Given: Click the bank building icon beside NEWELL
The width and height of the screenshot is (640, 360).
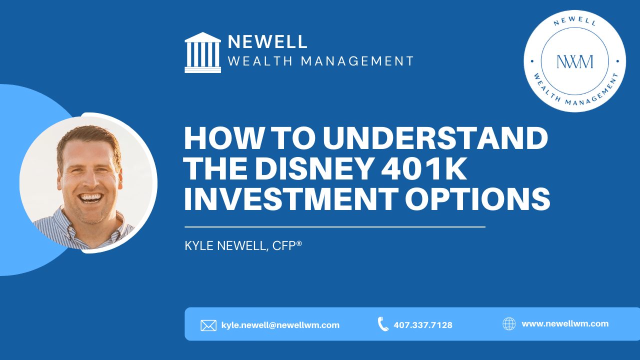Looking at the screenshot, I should pos(202,52).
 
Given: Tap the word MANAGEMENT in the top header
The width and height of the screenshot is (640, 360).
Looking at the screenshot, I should pos(357,61).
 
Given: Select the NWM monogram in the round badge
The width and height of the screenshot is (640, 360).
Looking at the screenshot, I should pos(574,61).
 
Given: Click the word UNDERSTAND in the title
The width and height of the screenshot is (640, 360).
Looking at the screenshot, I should pos(435,138).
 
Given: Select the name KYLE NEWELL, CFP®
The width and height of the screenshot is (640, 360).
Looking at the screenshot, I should pos(243,246).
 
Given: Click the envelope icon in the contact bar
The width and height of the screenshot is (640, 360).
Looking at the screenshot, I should pos(208,325).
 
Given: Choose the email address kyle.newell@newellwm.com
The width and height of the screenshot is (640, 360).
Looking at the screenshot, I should pos(280,325).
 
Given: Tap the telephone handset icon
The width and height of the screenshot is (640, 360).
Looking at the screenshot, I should pos(383,324).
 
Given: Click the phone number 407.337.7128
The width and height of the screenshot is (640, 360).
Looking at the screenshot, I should pos(423,325).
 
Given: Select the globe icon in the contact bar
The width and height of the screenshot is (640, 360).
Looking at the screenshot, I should pos(509,324).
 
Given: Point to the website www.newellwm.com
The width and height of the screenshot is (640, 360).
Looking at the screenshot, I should pos(565,323).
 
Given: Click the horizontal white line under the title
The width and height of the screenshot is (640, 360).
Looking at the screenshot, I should pos(335,227).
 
